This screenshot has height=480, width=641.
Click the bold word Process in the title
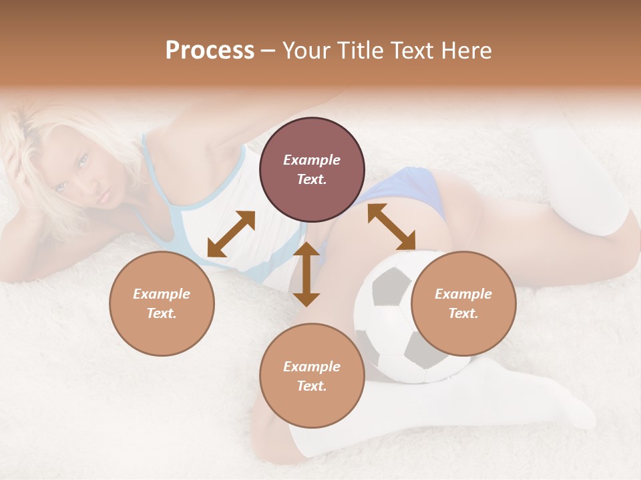point(210,51)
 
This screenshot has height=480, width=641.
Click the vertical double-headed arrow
point(306,274)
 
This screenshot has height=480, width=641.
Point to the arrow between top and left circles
point(231,234)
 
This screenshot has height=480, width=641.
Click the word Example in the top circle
point(312,160)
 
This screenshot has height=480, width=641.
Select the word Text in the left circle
point(161,313)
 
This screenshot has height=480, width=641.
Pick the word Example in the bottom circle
point(312,367)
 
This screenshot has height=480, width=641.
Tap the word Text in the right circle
point(463,313)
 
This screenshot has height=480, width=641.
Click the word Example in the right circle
point(463,294)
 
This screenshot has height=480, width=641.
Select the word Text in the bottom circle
point(311,386)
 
